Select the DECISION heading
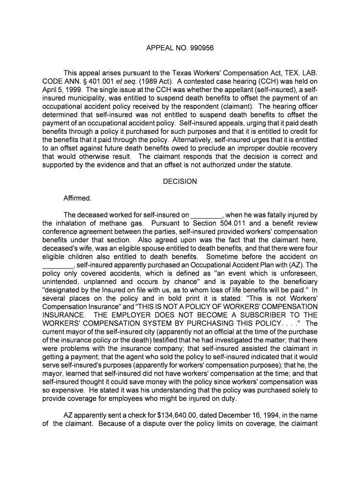point(180,181)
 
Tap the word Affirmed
point(77,198)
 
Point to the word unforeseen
point(301,273)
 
